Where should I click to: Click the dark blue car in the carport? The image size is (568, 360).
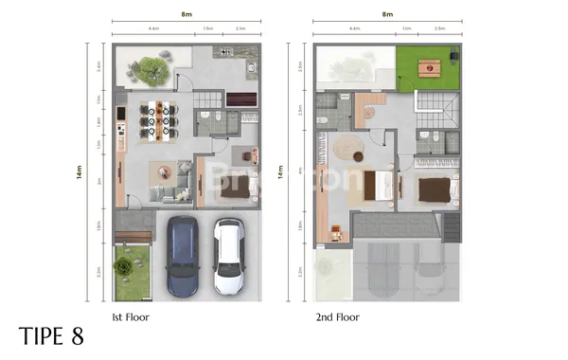tap(183, 256)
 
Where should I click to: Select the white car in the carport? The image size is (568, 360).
tap(229, 257)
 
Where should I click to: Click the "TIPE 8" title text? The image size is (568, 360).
tap(51, 336)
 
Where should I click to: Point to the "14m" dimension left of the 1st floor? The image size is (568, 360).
tap(80, 173)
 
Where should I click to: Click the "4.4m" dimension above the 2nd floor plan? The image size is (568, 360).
tap(355, 30)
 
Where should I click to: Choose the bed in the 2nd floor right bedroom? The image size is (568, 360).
tap(435, 190)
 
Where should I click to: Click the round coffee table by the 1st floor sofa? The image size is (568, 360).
tap(164, 172)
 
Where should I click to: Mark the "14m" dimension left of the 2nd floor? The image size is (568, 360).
tap(281, 173)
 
